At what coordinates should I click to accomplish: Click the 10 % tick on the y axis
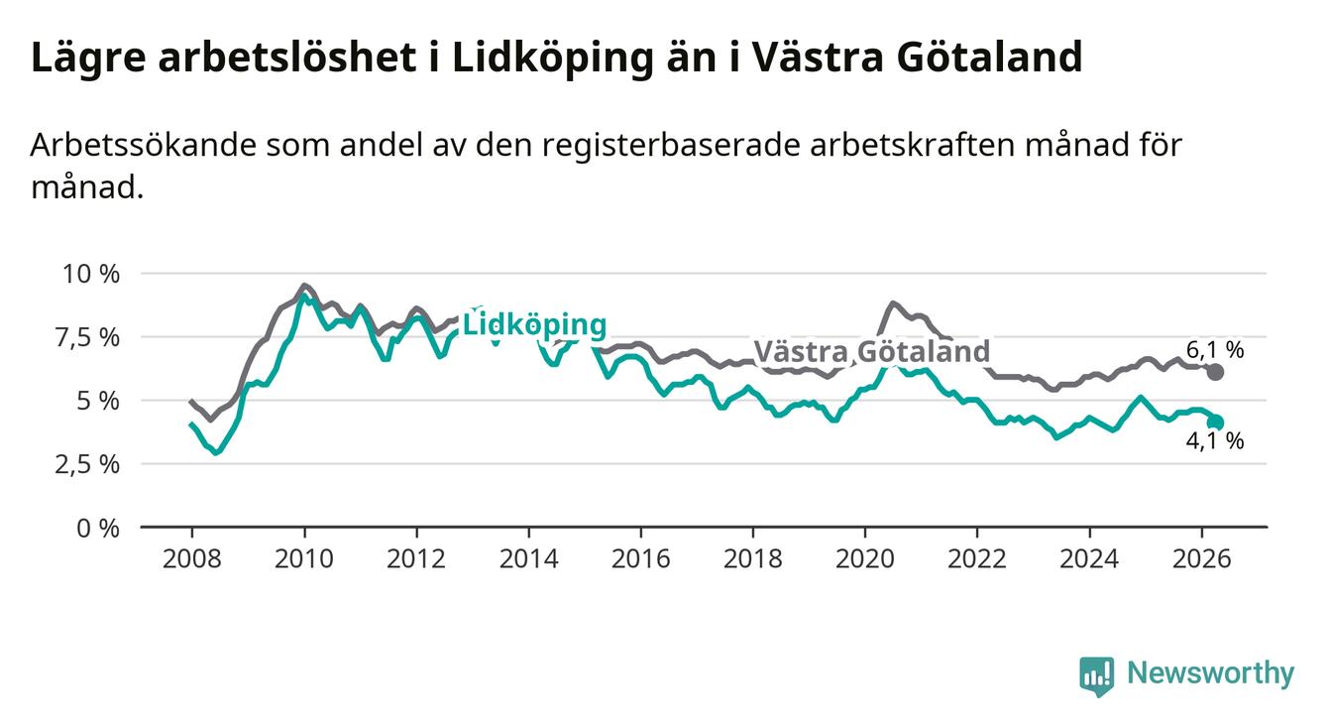coord(91,274)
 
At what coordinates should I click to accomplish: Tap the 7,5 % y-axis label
coord(87,337)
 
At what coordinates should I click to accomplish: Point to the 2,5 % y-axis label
coord(87,464)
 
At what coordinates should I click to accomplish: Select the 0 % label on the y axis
coord(98,528)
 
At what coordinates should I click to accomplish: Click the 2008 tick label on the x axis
coord(191,559)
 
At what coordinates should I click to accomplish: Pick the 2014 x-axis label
coord(528,559)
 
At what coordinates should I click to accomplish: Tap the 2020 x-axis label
coord(865,559)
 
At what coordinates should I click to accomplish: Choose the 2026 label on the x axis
coord(1202,559)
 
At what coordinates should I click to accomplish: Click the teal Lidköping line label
coord(534,325)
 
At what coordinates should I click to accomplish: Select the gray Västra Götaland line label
coord(872,351)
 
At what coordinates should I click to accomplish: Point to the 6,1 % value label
coord(1215,350)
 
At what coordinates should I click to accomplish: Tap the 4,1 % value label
coord(1215,440)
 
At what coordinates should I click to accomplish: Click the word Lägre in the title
coord(88,60)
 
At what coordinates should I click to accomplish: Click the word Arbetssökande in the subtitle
coord(144,145)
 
